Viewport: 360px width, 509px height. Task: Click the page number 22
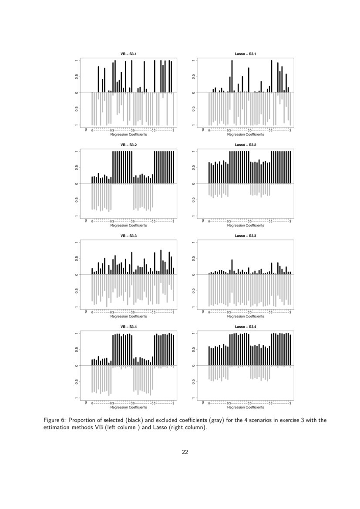tap(185, 452)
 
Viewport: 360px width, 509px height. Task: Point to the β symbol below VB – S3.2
tap(86, 221)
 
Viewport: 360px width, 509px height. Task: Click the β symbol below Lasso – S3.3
tap(202, 312)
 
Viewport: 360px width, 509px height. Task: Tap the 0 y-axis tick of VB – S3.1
tap(77, 93)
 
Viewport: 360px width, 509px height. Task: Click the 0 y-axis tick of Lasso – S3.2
tap(193, 184)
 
